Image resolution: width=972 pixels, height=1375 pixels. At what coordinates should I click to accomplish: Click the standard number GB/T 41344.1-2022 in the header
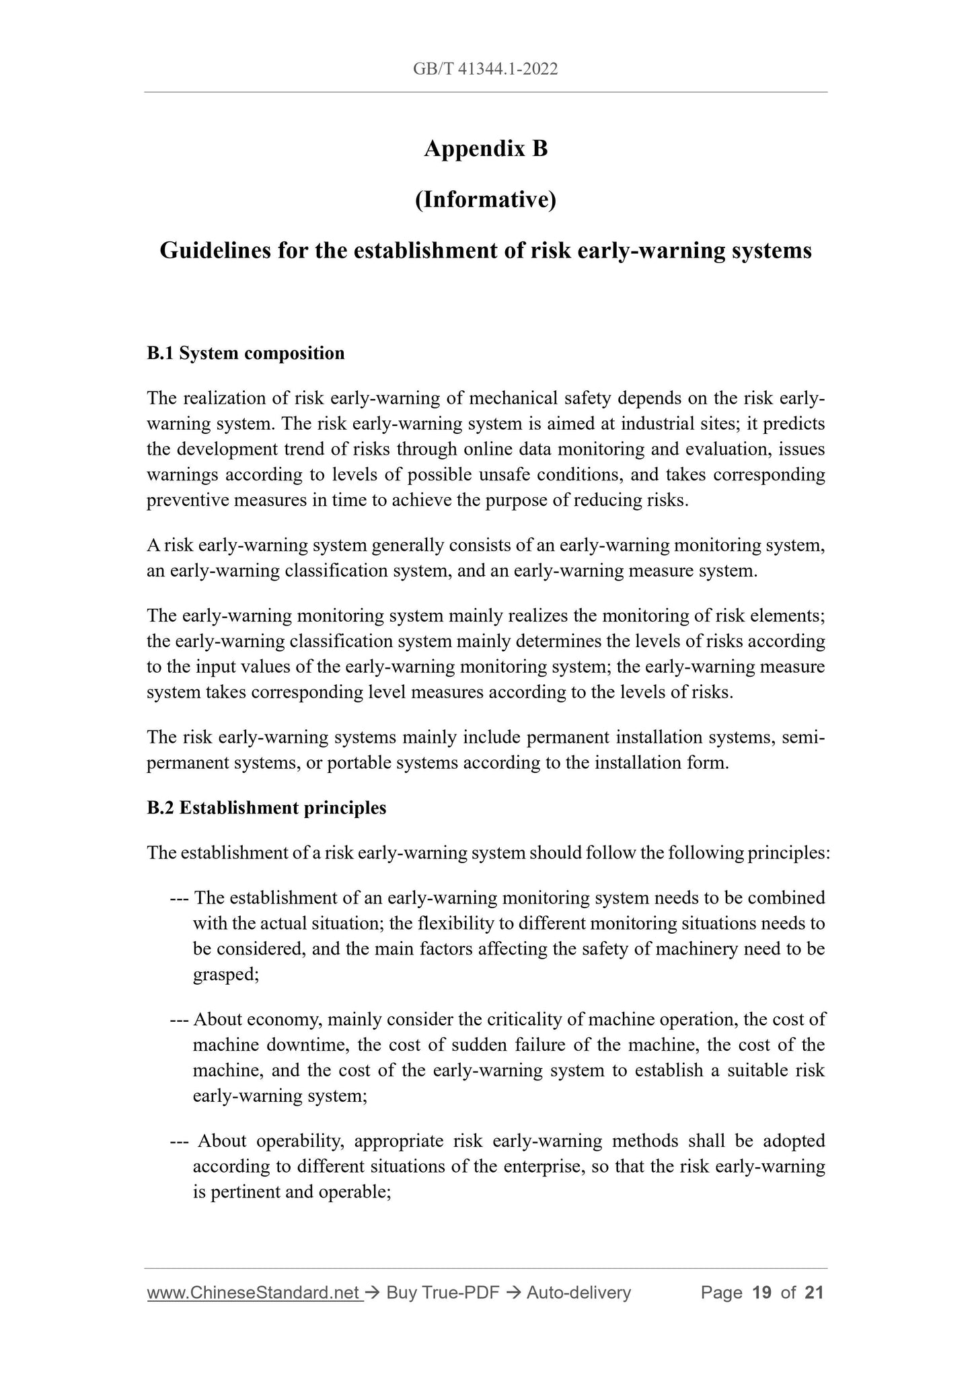[486, 69]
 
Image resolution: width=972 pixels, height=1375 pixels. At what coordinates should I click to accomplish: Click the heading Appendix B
[486, 149]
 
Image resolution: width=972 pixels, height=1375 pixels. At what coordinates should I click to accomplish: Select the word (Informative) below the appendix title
[486, 200]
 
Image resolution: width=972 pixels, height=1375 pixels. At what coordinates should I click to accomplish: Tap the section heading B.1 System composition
[246, 353]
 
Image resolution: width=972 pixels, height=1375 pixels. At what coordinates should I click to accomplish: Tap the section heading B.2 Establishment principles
[266, 808]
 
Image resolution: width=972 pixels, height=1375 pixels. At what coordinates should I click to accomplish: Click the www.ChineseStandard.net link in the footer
[255, 1292]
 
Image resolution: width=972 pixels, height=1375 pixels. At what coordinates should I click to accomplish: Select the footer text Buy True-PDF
[443, 1292]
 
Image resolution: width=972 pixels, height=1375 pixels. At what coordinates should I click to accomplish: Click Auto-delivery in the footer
[578, 1292]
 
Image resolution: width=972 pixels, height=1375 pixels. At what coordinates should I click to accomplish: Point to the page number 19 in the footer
[762, 1292]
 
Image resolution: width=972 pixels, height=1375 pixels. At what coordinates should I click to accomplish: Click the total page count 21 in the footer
[814, 1292]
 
